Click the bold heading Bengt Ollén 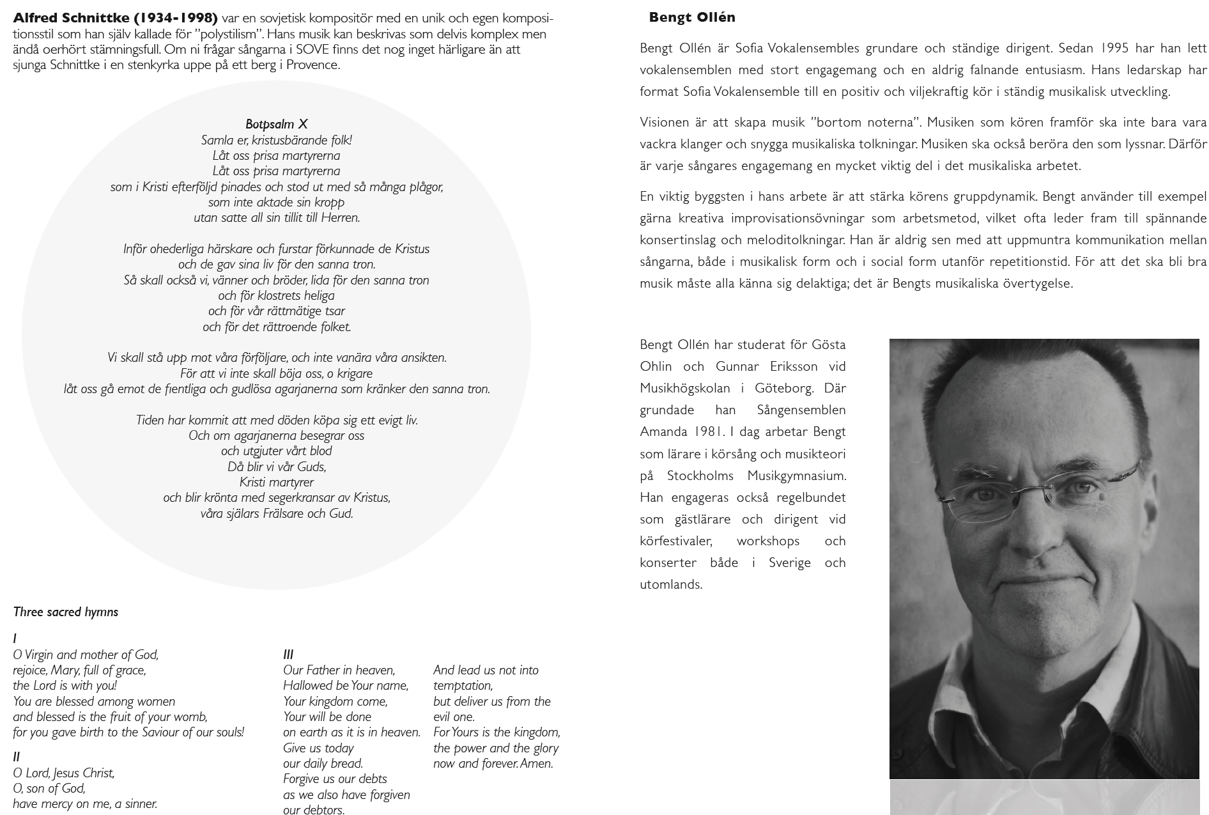tap(692, 17)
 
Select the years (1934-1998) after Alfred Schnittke tap(175, 17)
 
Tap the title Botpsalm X tap(277, 124)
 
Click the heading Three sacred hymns tap(66, 612)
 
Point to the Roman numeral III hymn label tap(288, 654)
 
